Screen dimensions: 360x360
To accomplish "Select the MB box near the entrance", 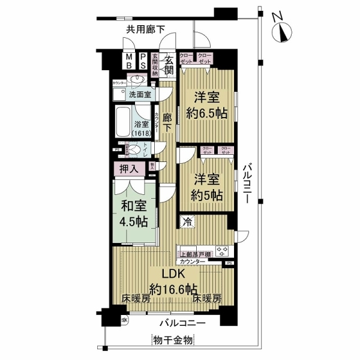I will tap(128, 61).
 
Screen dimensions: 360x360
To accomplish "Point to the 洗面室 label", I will tap(139, 95).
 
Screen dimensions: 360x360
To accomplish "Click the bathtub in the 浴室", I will tap(123, 122).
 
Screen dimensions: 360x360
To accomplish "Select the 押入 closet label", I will tap(129, 169).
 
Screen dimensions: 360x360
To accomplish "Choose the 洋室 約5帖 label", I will tap(208, 187).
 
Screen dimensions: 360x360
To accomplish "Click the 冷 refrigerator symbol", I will tap(187, 221).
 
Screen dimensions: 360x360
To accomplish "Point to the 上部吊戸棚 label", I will tap(194, 254).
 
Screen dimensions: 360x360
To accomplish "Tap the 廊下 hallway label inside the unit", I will tap(168, 122).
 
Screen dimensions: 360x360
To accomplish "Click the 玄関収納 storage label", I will tap(154, 65).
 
